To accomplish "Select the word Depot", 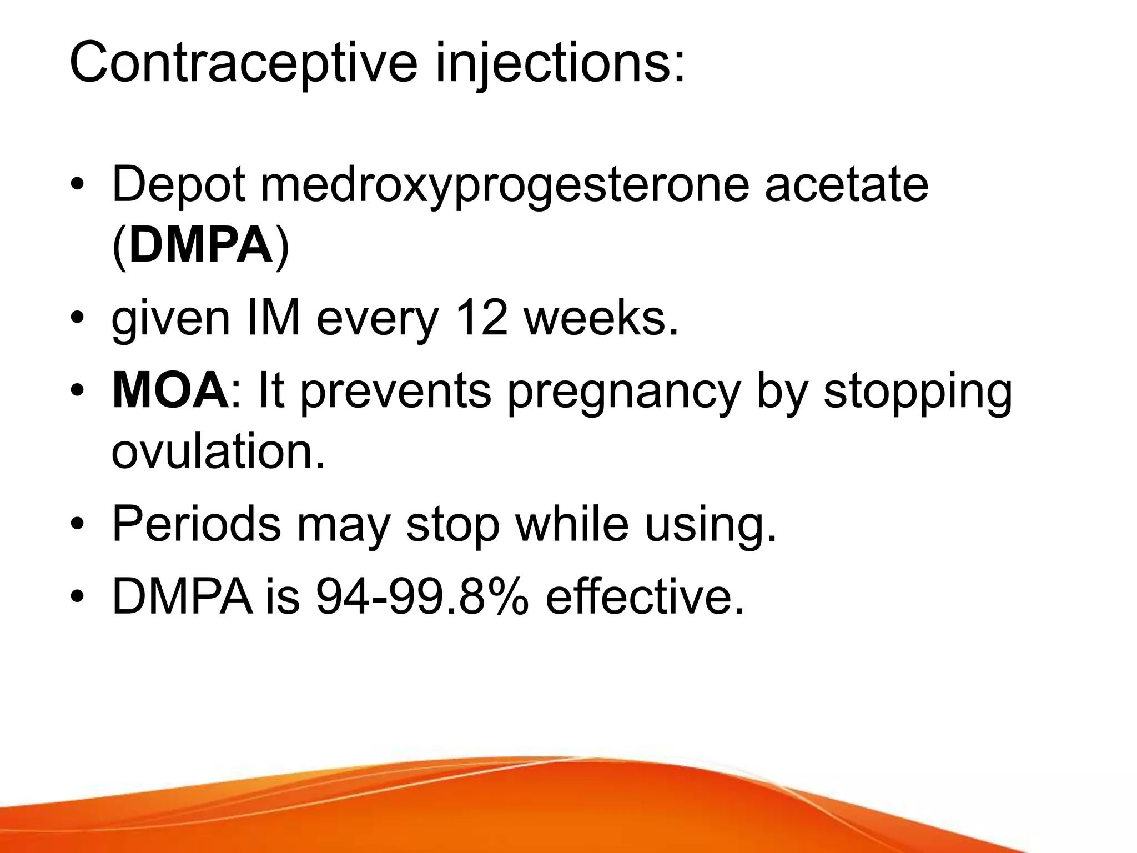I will (178, 184).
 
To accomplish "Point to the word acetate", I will (846, 184).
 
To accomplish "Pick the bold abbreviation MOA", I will (170, 391).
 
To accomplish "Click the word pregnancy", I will (624, 391).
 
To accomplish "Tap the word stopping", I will (918, 391).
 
